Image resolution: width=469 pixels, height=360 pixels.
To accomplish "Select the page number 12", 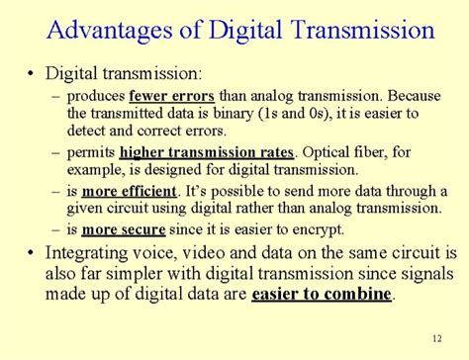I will (437, 339).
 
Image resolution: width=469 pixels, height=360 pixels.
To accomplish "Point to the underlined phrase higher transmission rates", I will (207, 152).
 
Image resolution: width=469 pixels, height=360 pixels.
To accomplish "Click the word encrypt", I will (322, 228).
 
